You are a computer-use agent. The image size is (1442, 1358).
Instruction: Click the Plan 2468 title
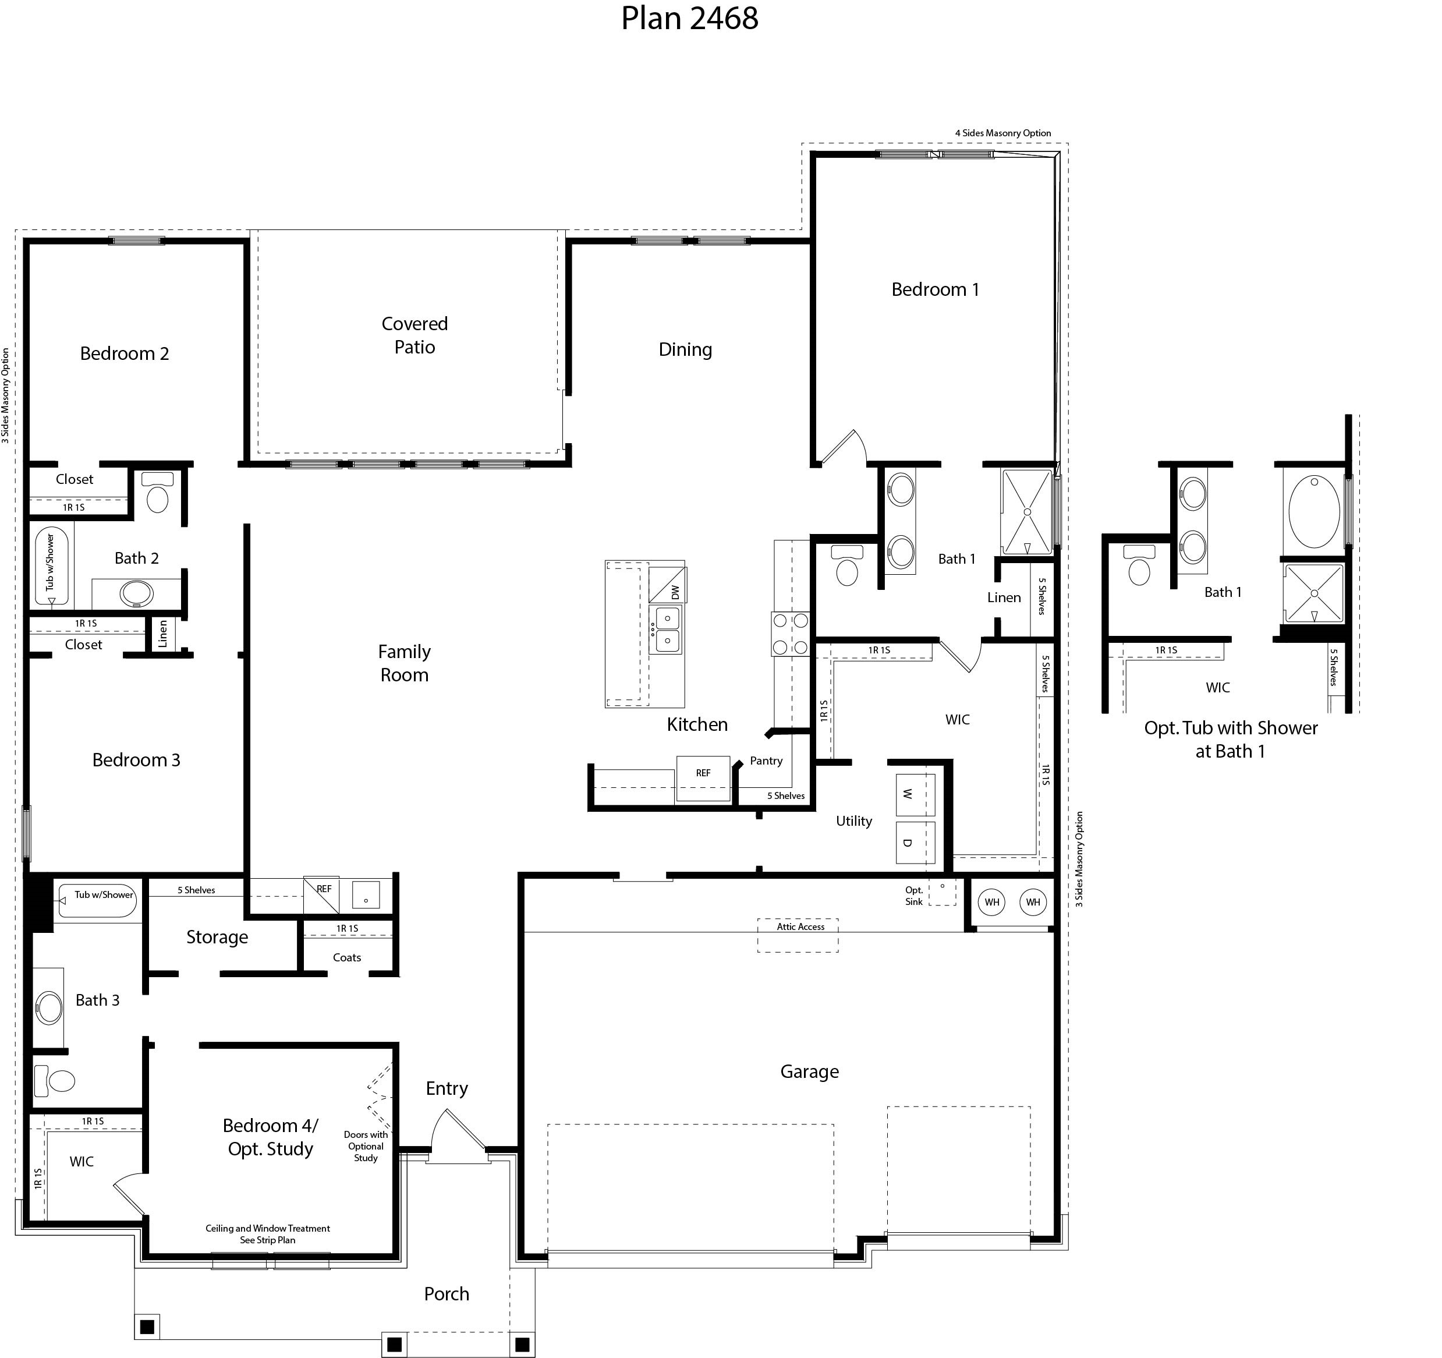pyautogui.click(x=689, y=18)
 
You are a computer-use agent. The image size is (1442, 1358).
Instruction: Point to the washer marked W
pyautogui.click(x=915, y=795)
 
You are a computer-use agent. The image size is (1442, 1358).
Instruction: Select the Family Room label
pyautogui.click(x=404, y=663)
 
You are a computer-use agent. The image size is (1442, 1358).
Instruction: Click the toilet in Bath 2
pyautogui.click(x=157, y=493)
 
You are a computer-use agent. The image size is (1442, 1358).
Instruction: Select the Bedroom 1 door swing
pyautogui.click(x=846, y=446)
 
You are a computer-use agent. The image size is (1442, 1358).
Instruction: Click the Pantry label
pyautogui.click(x=766, y=761)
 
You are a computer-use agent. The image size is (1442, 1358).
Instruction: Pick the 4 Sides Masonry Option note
pyautogui.click(x=1002, y=133)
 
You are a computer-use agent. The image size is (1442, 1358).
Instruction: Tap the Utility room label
pyautogui.click(x=854, y=821)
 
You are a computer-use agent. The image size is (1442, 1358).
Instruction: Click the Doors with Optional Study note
pyautogui.click(x=366, y=1146)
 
